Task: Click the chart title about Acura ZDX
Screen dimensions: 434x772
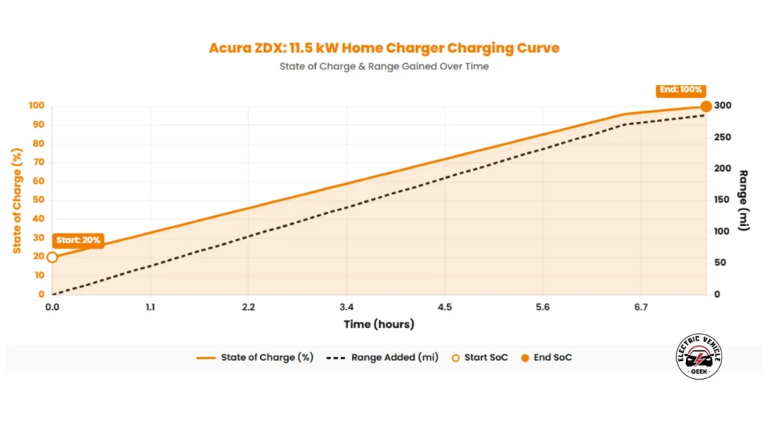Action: [x=384, y=48]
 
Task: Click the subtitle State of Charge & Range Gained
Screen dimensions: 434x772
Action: [x=384, y=66]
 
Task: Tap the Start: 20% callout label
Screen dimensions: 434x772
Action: [x=78, y=240]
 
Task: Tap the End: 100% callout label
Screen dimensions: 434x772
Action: [x=681, y=89]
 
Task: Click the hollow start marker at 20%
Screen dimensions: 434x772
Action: [x=52, y=257]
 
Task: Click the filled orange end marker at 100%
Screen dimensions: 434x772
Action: [x=706, y=106]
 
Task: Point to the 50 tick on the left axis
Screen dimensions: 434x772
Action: [x=35, y=200]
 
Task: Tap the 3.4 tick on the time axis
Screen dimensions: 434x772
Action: [x=346, y=307]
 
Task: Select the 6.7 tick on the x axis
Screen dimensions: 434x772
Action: [x=641, y=307]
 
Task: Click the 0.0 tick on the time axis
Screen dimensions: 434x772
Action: [x=52, y=307]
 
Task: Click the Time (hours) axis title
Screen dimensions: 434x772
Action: [x=378, y=324]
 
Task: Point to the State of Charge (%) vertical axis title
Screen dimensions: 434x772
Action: [x=16, y=200]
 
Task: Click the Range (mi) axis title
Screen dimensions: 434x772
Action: [x=744, y=200]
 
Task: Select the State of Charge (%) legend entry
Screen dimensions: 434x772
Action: [x=256, y=357]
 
